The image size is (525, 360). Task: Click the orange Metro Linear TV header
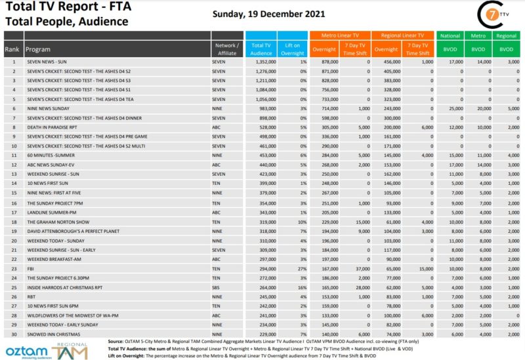340,35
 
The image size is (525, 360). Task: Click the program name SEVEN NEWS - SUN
48,62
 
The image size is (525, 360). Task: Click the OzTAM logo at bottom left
26,350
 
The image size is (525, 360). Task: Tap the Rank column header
12,49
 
